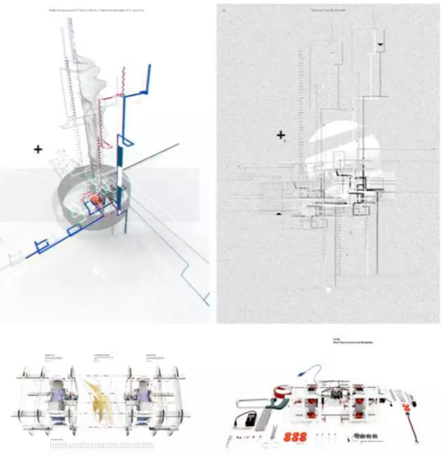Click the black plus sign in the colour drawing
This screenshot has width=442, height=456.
tap(38, 150)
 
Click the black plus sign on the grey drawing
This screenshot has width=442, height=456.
tap(281, 135)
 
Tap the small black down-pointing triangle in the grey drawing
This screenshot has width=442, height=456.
tap(379, 42)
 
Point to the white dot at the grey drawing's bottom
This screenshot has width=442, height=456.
tap(328, 288)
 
